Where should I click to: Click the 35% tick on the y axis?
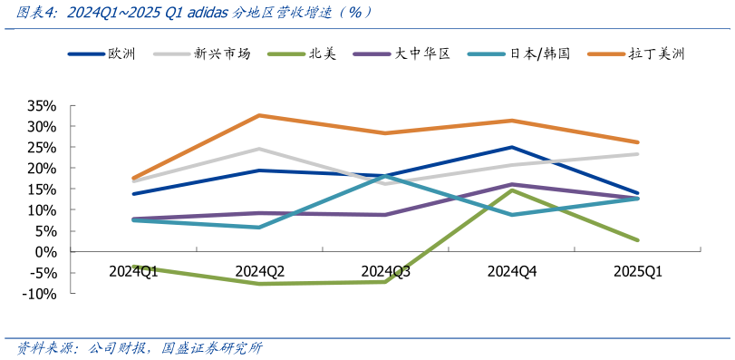43,105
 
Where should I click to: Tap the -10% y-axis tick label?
41,294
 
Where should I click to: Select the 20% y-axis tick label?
43,169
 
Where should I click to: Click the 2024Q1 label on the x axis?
134,271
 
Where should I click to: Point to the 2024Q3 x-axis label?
386,271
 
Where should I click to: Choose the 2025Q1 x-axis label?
638,271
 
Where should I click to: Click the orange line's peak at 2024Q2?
259,115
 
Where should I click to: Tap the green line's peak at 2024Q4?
512,190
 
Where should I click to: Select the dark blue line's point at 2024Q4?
512,147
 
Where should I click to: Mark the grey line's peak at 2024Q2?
259,149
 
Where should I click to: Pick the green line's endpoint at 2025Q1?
638,240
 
